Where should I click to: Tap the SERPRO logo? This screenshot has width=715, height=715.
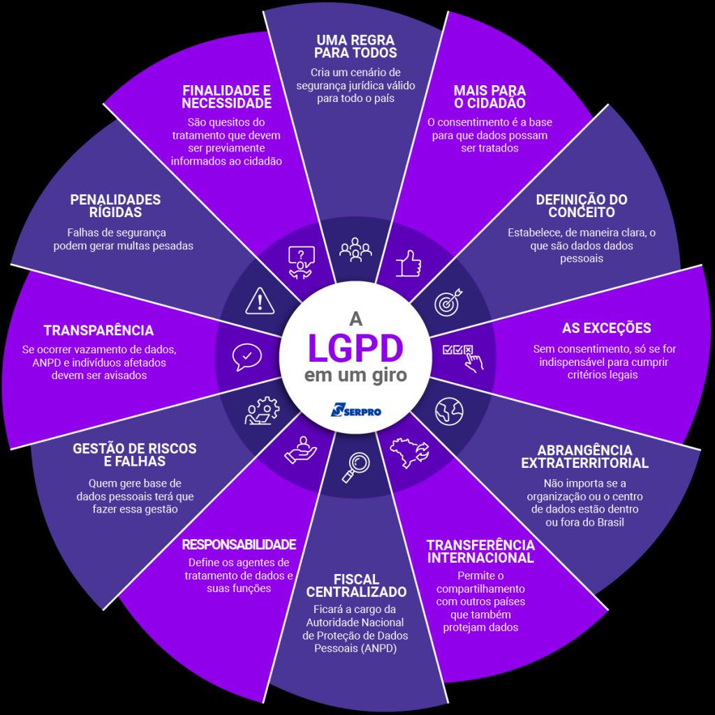point(356,410)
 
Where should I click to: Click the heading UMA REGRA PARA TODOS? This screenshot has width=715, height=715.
point(355,46)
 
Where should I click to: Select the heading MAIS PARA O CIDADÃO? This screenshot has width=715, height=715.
point(489,97)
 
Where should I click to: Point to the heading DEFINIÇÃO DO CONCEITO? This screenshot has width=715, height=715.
point(582,206)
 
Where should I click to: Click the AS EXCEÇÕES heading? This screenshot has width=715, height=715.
point(606,328)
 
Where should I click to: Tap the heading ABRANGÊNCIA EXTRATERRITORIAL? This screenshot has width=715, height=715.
point(585,457)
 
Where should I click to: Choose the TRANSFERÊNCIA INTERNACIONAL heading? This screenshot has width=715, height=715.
point(480,551)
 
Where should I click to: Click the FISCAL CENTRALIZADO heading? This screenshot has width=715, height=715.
point(356,586)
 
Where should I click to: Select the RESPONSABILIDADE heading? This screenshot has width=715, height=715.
point(239,545)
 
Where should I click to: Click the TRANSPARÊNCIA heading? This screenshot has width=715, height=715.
point(98,330)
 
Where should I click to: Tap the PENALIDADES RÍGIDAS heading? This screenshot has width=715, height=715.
point(115,206)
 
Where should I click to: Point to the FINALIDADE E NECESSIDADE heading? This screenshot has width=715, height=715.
point(226,97)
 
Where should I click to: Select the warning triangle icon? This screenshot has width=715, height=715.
point(260,301)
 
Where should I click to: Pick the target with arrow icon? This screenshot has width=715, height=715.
point(448,301)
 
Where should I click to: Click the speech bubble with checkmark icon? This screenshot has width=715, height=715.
point(246,356)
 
